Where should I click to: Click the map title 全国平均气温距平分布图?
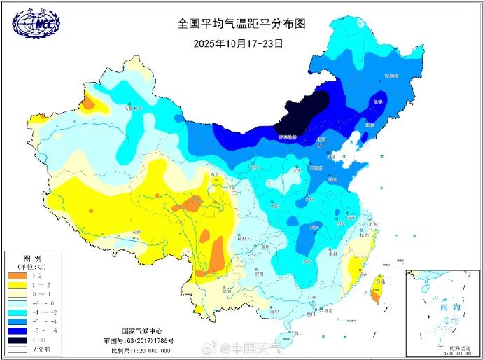[x=241, y=23]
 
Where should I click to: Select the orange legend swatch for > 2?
[x=16, y=277]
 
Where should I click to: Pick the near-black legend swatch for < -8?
[x=16, y=339]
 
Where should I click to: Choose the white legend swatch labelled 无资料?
[x=16, y=348]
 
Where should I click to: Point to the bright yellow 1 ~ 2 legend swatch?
[x=16, y=286]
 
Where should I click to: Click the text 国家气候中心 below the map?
[x=142, y=331]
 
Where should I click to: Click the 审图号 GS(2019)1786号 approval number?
[x=142, y=340]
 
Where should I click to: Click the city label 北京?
[x=321, y=140]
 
